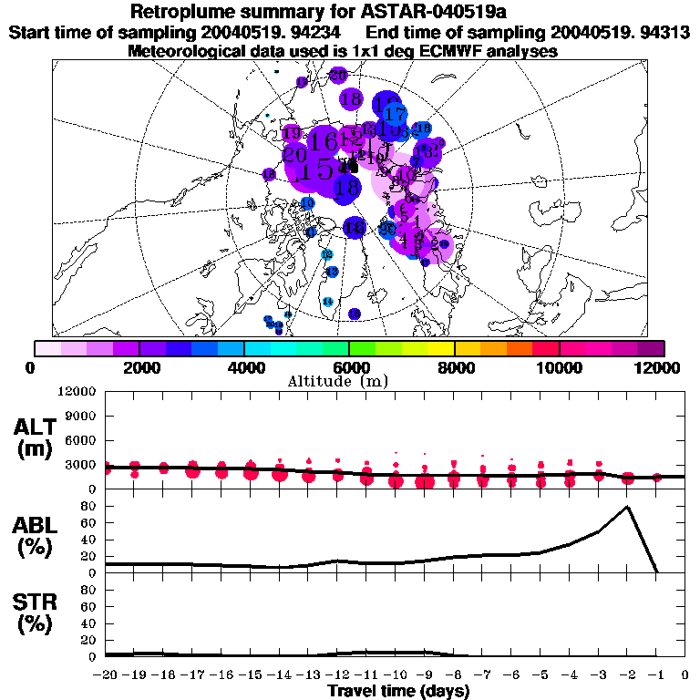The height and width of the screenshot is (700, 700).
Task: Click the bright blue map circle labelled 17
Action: (395, 115)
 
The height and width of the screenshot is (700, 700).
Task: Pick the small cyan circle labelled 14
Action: (328, 302)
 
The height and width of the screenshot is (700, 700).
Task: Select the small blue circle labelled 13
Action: (333, 272)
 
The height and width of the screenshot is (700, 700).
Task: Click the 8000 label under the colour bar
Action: (453, 367)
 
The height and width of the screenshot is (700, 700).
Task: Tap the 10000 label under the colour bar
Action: (558, 367)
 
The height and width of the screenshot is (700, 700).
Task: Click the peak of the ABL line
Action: (627, 507)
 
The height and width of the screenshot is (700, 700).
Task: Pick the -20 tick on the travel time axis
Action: (107, 675)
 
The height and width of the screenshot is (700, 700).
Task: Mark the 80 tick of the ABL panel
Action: (90, 507)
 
